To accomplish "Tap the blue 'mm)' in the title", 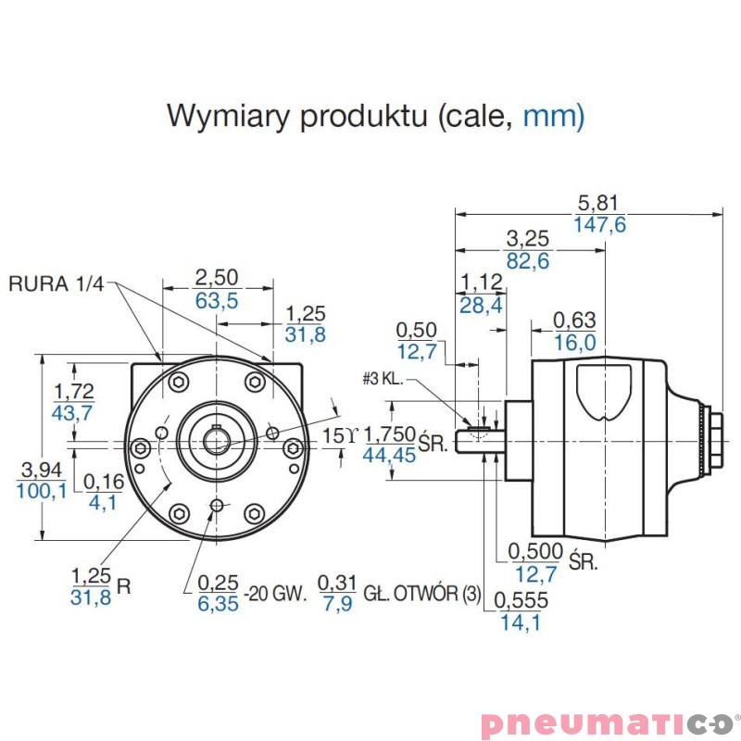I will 554,118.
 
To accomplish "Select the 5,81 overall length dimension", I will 598,203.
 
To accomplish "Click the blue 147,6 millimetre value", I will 599,225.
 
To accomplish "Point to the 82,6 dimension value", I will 527,261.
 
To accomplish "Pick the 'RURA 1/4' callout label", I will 57,284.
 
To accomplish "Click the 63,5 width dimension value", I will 217,300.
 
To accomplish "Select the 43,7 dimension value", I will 73,413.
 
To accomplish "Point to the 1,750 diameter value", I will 390,434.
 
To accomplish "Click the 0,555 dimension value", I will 520,601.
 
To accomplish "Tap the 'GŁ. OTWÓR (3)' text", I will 422,594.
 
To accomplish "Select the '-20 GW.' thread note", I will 275,594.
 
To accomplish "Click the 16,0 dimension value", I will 574,343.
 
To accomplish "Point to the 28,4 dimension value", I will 481,305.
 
